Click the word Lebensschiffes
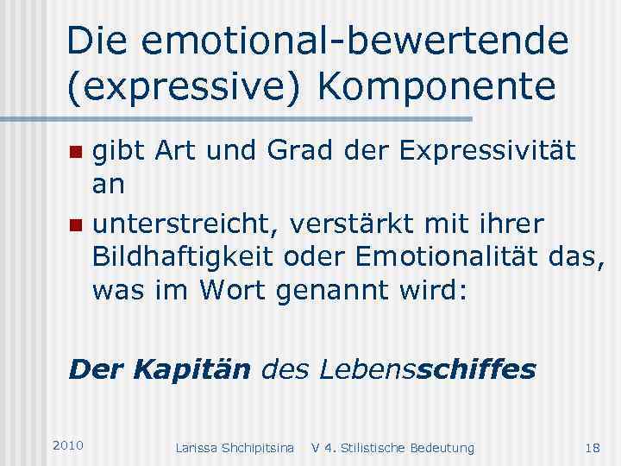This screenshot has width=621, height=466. (427, 370)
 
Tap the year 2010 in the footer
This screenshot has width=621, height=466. (68, 445)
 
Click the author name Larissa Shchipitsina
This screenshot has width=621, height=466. (235, 447)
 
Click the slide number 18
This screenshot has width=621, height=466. (593, 447)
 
